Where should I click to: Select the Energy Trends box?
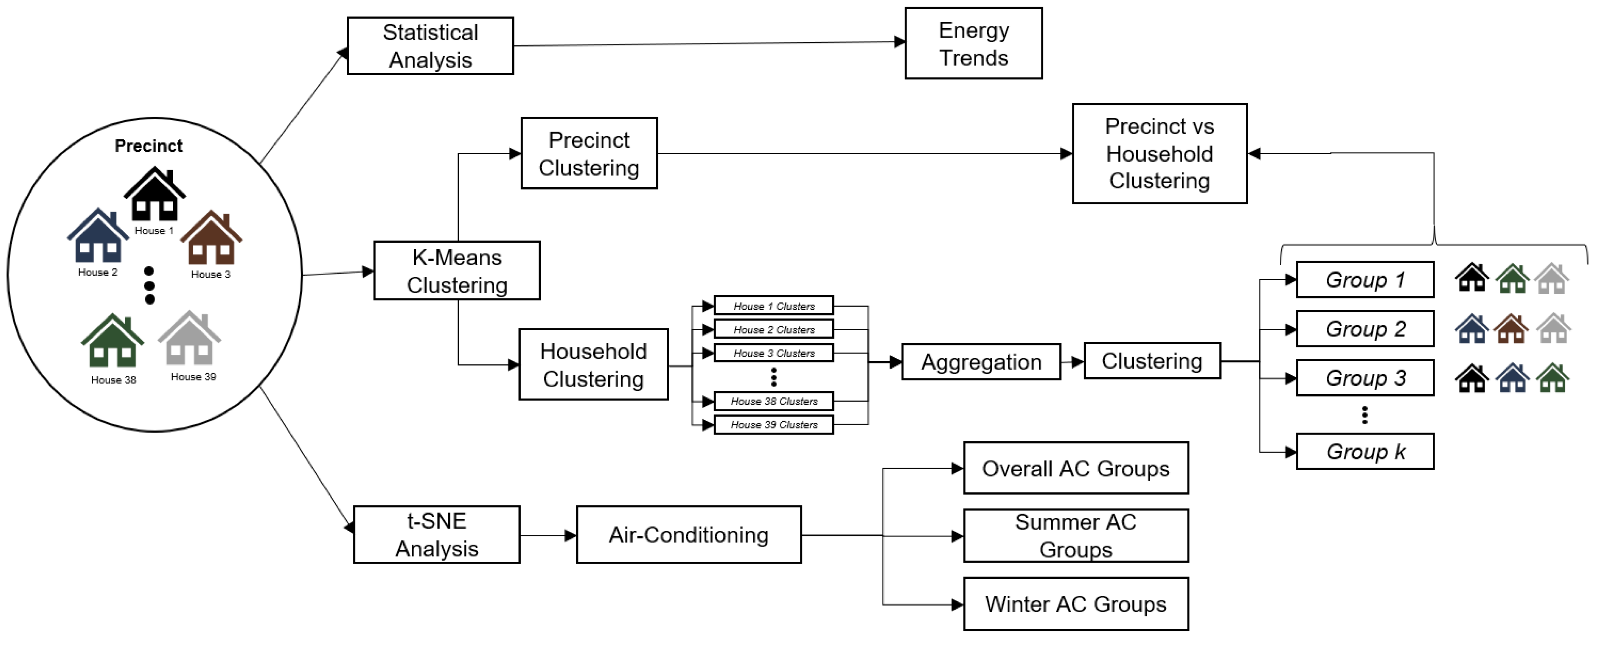pos(973,43)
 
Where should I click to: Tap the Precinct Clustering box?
pos(589,154)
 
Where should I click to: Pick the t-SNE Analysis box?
pos(437,535)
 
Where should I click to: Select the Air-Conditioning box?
pos(688,535)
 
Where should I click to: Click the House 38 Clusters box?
pos(774,401)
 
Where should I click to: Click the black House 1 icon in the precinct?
pos(154,194)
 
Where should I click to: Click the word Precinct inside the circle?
pos(149,146)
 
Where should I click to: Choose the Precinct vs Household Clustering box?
pos(1159,154)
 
